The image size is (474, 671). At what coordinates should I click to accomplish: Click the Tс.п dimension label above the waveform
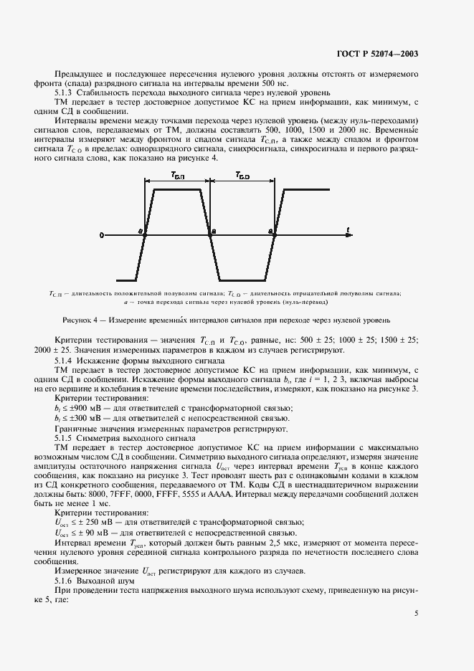click(176, 174)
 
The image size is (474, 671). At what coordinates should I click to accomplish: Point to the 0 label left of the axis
click(102, 234)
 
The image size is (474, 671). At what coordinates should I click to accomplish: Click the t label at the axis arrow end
click(347, 229)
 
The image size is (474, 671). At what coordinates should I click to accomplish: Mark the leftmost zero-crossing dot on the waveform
click(145, 234)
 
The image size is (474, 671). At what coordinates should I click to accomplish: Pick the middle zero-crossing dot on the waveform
click(210, 234)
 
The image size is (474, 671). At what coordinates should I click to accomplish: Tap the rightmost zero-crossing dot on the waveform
click(273, 234)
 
